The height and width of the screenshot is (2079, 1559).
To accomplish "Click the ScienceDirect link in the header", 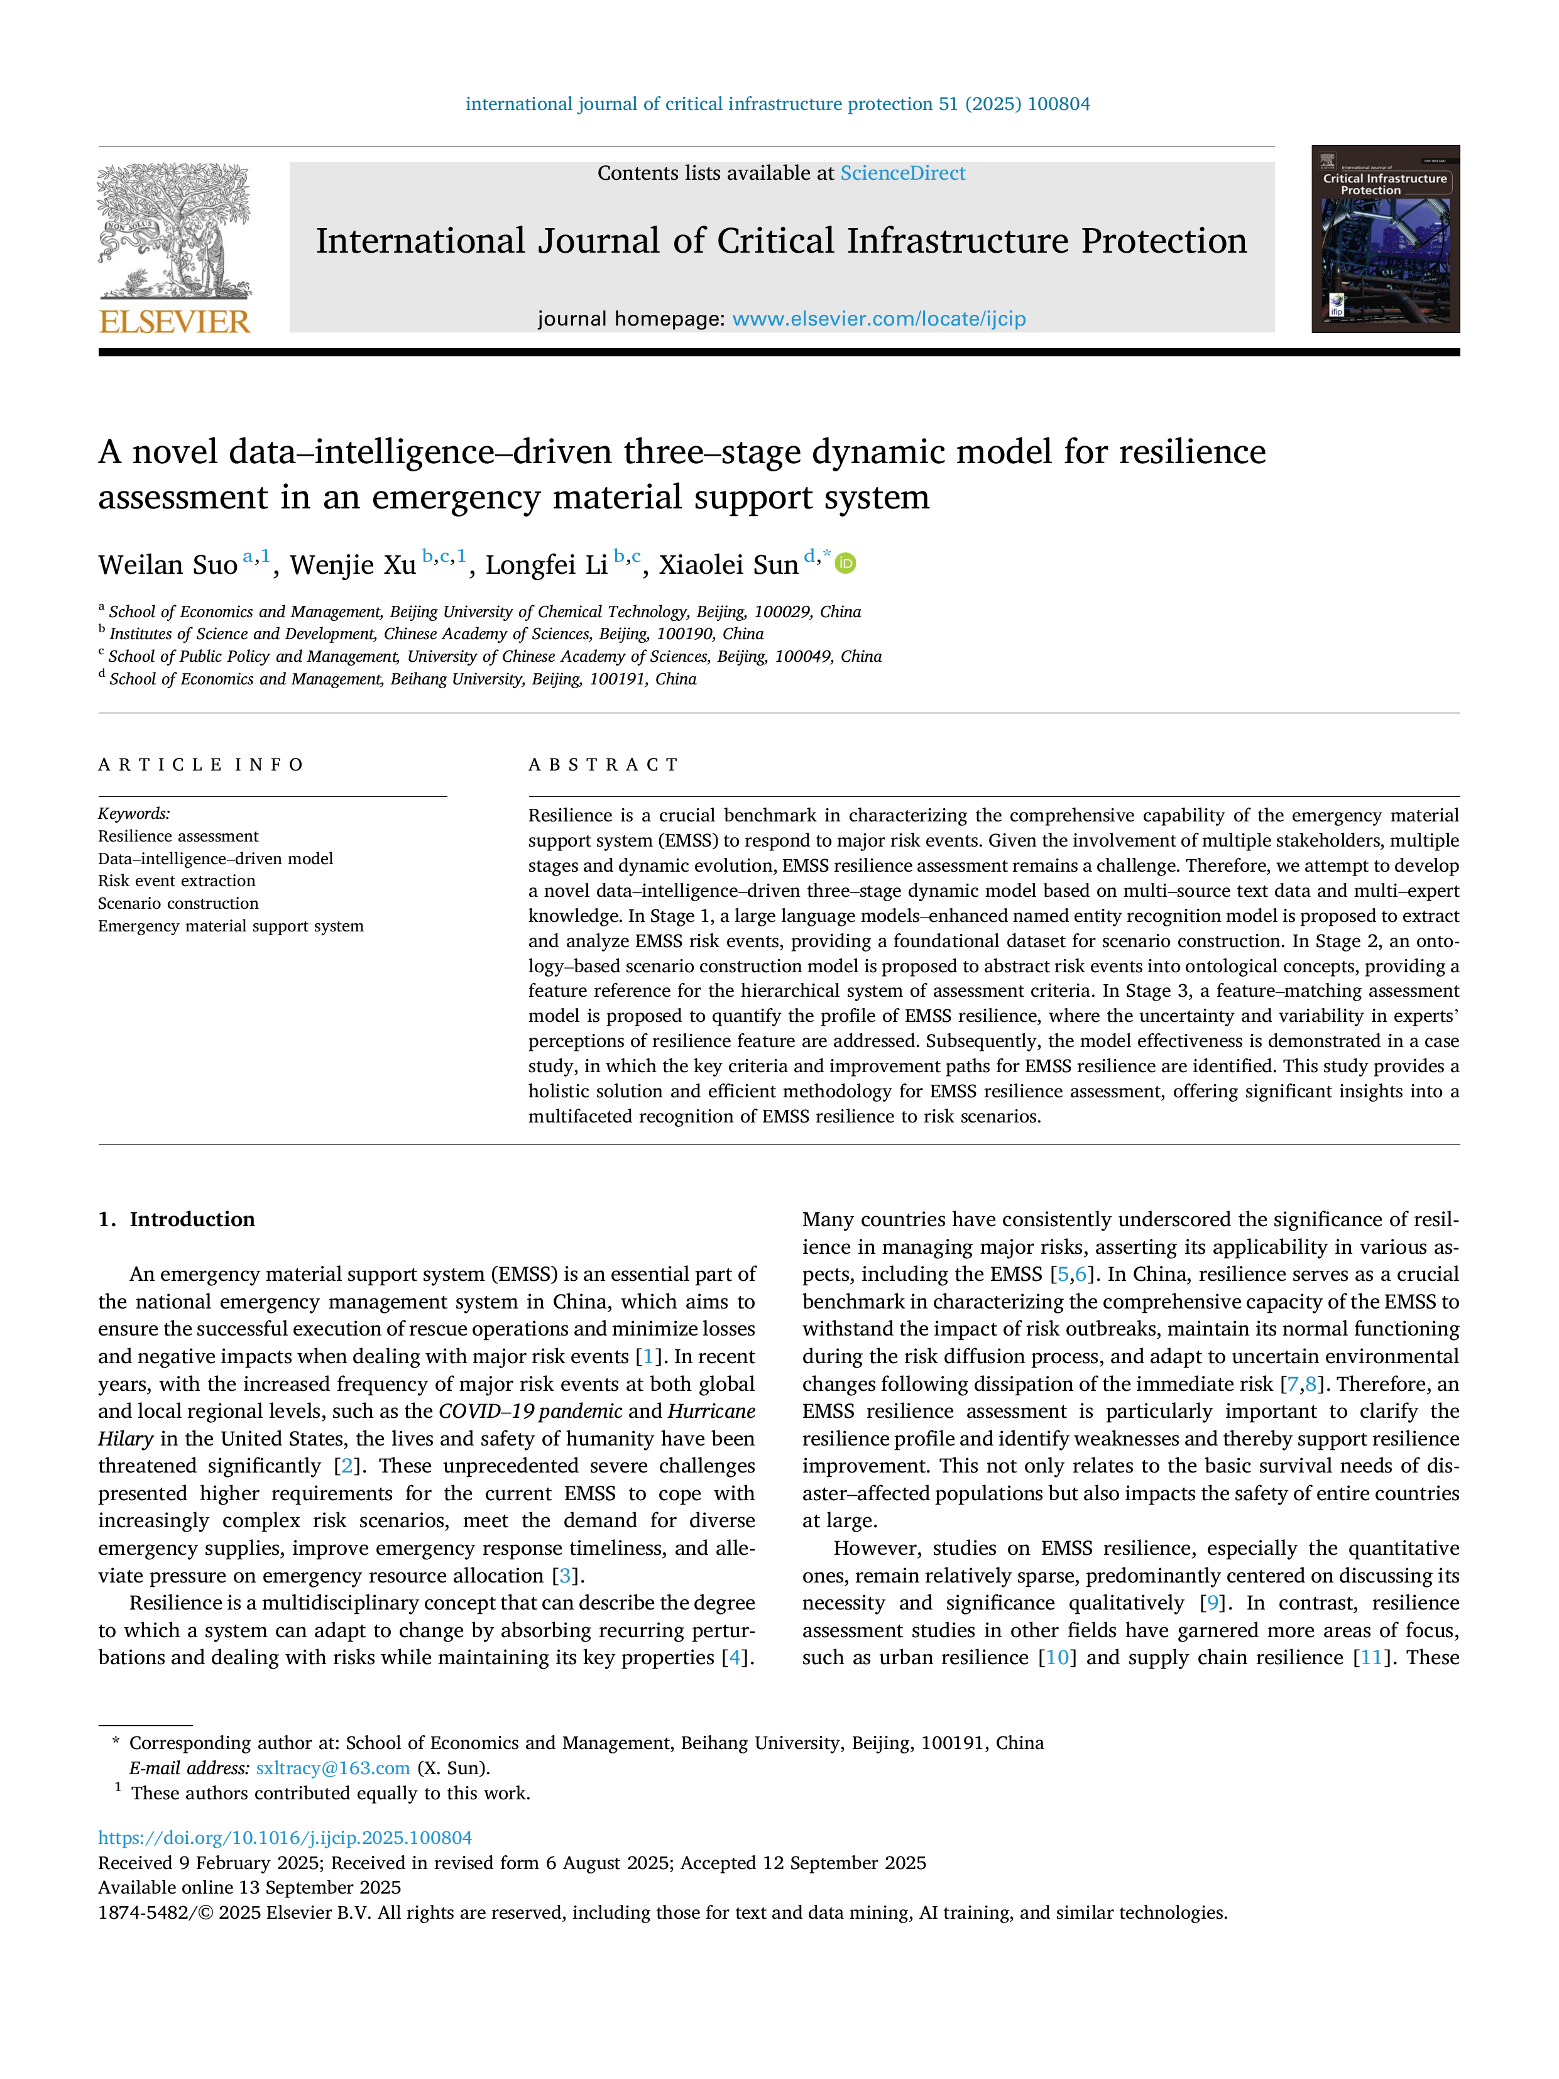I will (x=902, y=173).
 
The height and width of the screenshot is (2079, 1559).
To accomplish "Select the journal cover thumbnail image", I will (x=1385, y=239).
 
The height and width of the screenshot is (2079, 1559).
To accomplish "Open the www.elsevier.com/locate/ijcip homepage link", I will (x=878, y=319).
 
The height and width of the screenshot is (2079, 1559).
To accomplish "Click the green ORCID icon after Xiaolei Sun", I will (x=846, y=564).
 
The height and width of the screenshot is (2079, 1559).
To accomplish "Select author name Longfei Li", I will (x=546, y=565).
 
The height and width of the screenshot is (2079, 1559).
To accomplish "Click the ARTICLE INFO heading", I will (x=201, y=765).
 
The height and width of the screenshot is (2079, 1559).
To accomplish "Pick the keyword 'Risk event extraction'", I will (x=177, y=880).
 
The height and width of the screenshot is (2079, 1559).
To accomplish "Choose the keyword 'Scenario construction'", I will (x=178, y=903).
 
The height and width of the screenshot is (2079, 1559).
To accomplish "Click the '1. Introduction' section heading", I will (x=177, y=1219).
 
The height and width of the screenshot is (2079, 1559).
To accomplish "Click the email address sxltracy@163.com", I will (x=332, y=1768).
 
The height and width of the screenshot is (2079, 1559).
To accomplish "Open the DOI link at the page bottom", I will (x=285, y=1838).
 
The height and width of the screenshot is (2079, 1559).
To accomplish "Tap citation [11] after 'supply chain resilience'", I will (x=1371, y=1658).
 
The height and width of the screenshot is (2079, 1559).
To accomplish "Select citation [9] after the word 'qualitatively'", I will (x=1212, y=1603).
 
